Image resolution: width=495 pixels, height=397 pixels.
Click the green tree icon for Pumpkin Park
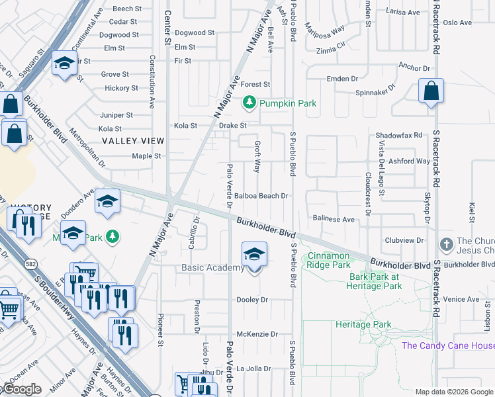[249, 103]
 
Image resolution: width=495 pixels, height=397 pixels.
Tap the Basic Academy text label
[213, 268]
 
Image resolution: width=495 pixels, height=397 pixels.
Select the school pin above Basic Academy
[254, 255]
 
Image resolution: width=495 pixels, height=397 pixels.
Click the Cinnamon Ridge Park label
[329, 260]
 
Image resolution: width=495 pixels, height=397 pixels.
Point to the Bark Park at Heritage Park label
[375, 281]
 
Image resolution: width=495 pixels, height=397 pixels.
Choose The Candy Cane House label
[448, 345]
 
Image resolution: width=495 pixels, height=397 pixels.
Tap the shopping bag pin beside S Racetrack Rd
[431, 91]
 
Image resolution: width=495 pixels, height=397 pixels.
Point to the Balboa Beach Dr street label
[261, 196]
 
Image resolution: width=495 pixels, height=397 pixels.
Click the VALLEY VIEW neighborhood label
[133, 141]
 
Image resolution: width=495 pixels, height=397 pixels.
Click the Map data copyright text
[454, 392]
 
